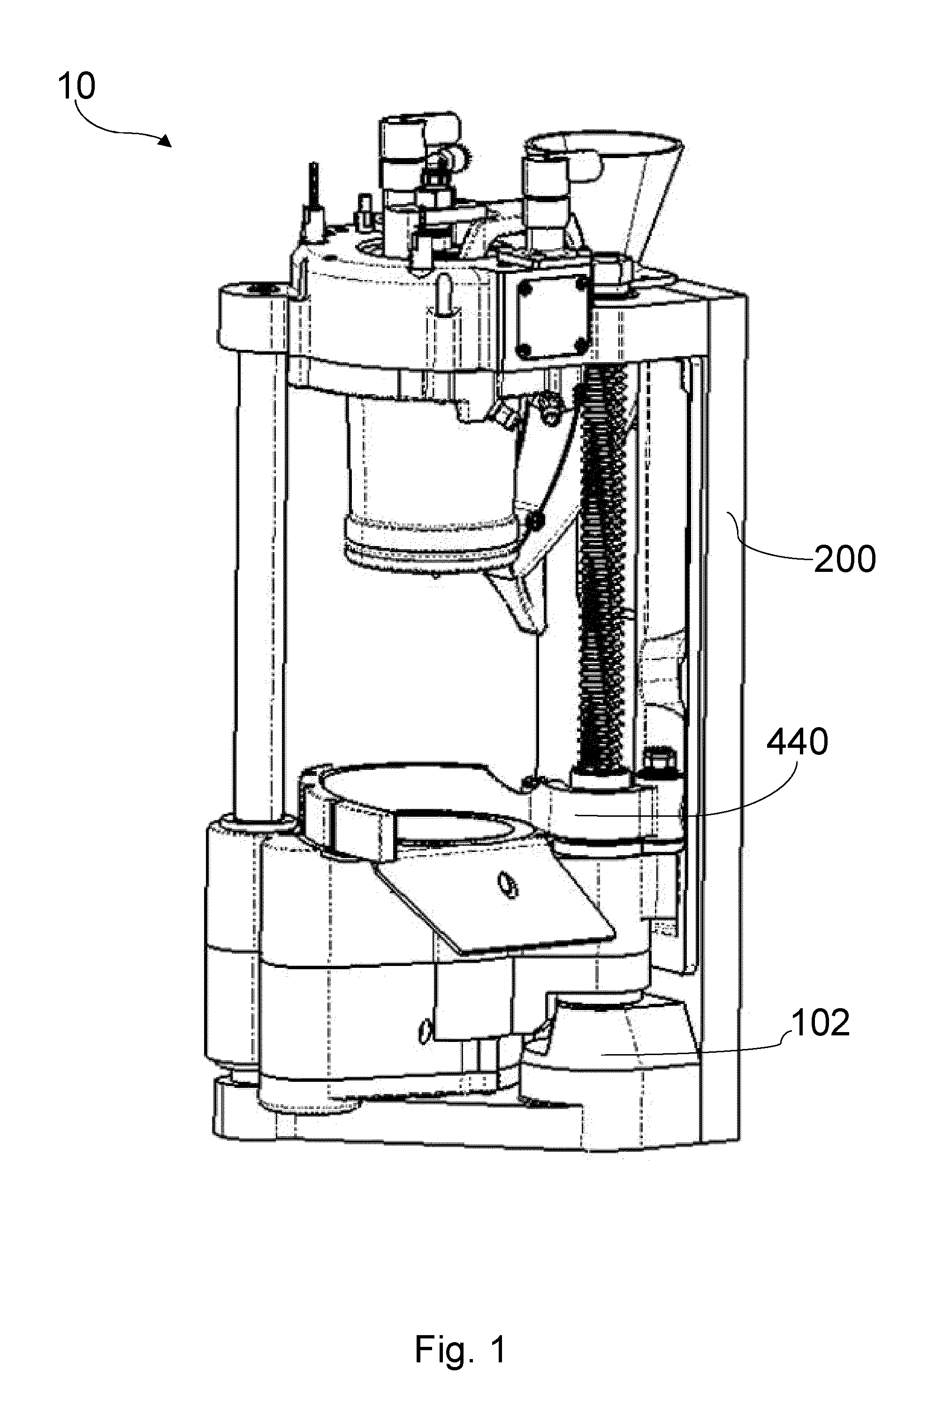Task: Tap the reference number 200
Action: (844, 560)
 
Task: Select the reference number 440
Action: (797, 742)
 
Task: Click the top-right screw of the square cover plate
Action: (577, 287)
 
